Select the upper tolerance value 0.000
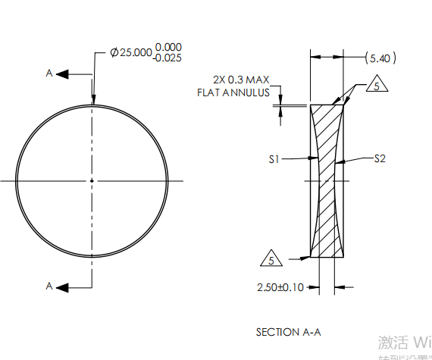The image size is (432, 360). tap(167, 48)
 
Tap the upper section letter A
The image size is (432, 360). tap(49, 74)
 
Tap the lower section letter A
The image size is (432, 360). tap(49, 286)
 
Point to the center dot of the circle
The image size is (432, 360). tap(92, 180)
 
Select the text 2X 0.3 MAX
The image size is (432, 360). tap(241, 80)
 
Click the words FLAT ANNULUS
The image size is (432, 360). tap(233, 92)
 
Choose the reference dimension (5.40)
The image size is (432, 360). tap(379, 58)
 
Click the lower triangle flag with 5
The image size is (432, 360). tap(271, 259)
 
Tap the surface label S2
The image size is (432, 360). tap(380, 158)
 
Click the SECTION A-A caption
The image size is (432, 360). tap(289, 332)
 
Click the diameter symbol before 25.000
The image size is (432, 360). tap(114, 53)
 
